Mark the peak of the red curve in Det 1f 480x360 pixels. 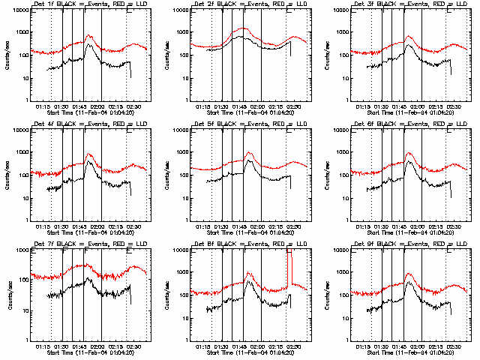click(88, 35)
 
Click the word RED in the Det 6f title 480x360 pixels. click(434, 125)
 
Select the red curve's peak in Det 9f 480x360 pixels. click(409, 274)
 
